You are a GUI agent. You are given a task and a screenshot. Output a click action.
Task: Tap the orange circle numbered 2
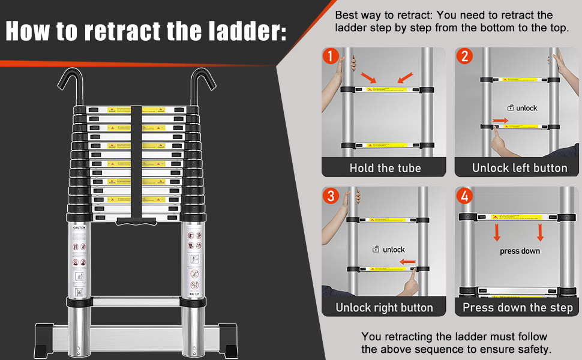click(x=464, y=56)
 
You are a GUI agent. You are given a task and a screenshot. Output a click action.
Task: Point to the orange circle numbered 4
click(x=464, y=196)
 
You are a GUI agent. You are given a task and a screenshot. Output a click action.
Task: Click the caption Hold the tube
click(x=385, y=168)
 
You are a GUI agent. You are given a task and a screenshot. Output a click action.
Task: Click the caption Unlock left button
click(x=520, y=168)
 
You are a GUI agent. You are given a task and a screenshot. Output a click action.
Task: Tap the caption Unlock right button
click(x=384, y=308)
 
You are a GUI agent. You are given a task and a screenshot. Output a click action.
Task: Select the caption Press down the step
click(x=518, y=308)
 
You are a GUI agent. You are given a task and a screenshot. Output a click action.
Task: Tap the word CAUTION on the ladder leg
click(x=80, y=228)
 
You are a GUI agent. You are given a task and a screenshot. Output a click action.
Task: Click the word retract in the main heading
click(x=122, y=31)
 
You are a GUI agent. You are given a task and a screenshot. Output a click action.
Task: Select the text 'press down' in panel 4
click(x=520, y=251)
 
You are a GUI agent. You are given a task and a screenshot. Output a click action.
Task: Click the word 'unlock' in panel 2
click(x=526, y=108)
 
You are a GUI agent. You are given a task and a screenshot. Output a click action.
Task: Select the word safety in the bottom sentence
click(x=530, y=349)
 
